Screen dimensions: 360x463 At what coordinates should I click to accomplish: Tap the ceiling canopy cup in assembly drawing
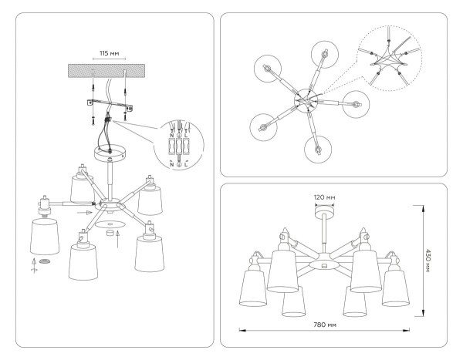pos(108,154)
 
